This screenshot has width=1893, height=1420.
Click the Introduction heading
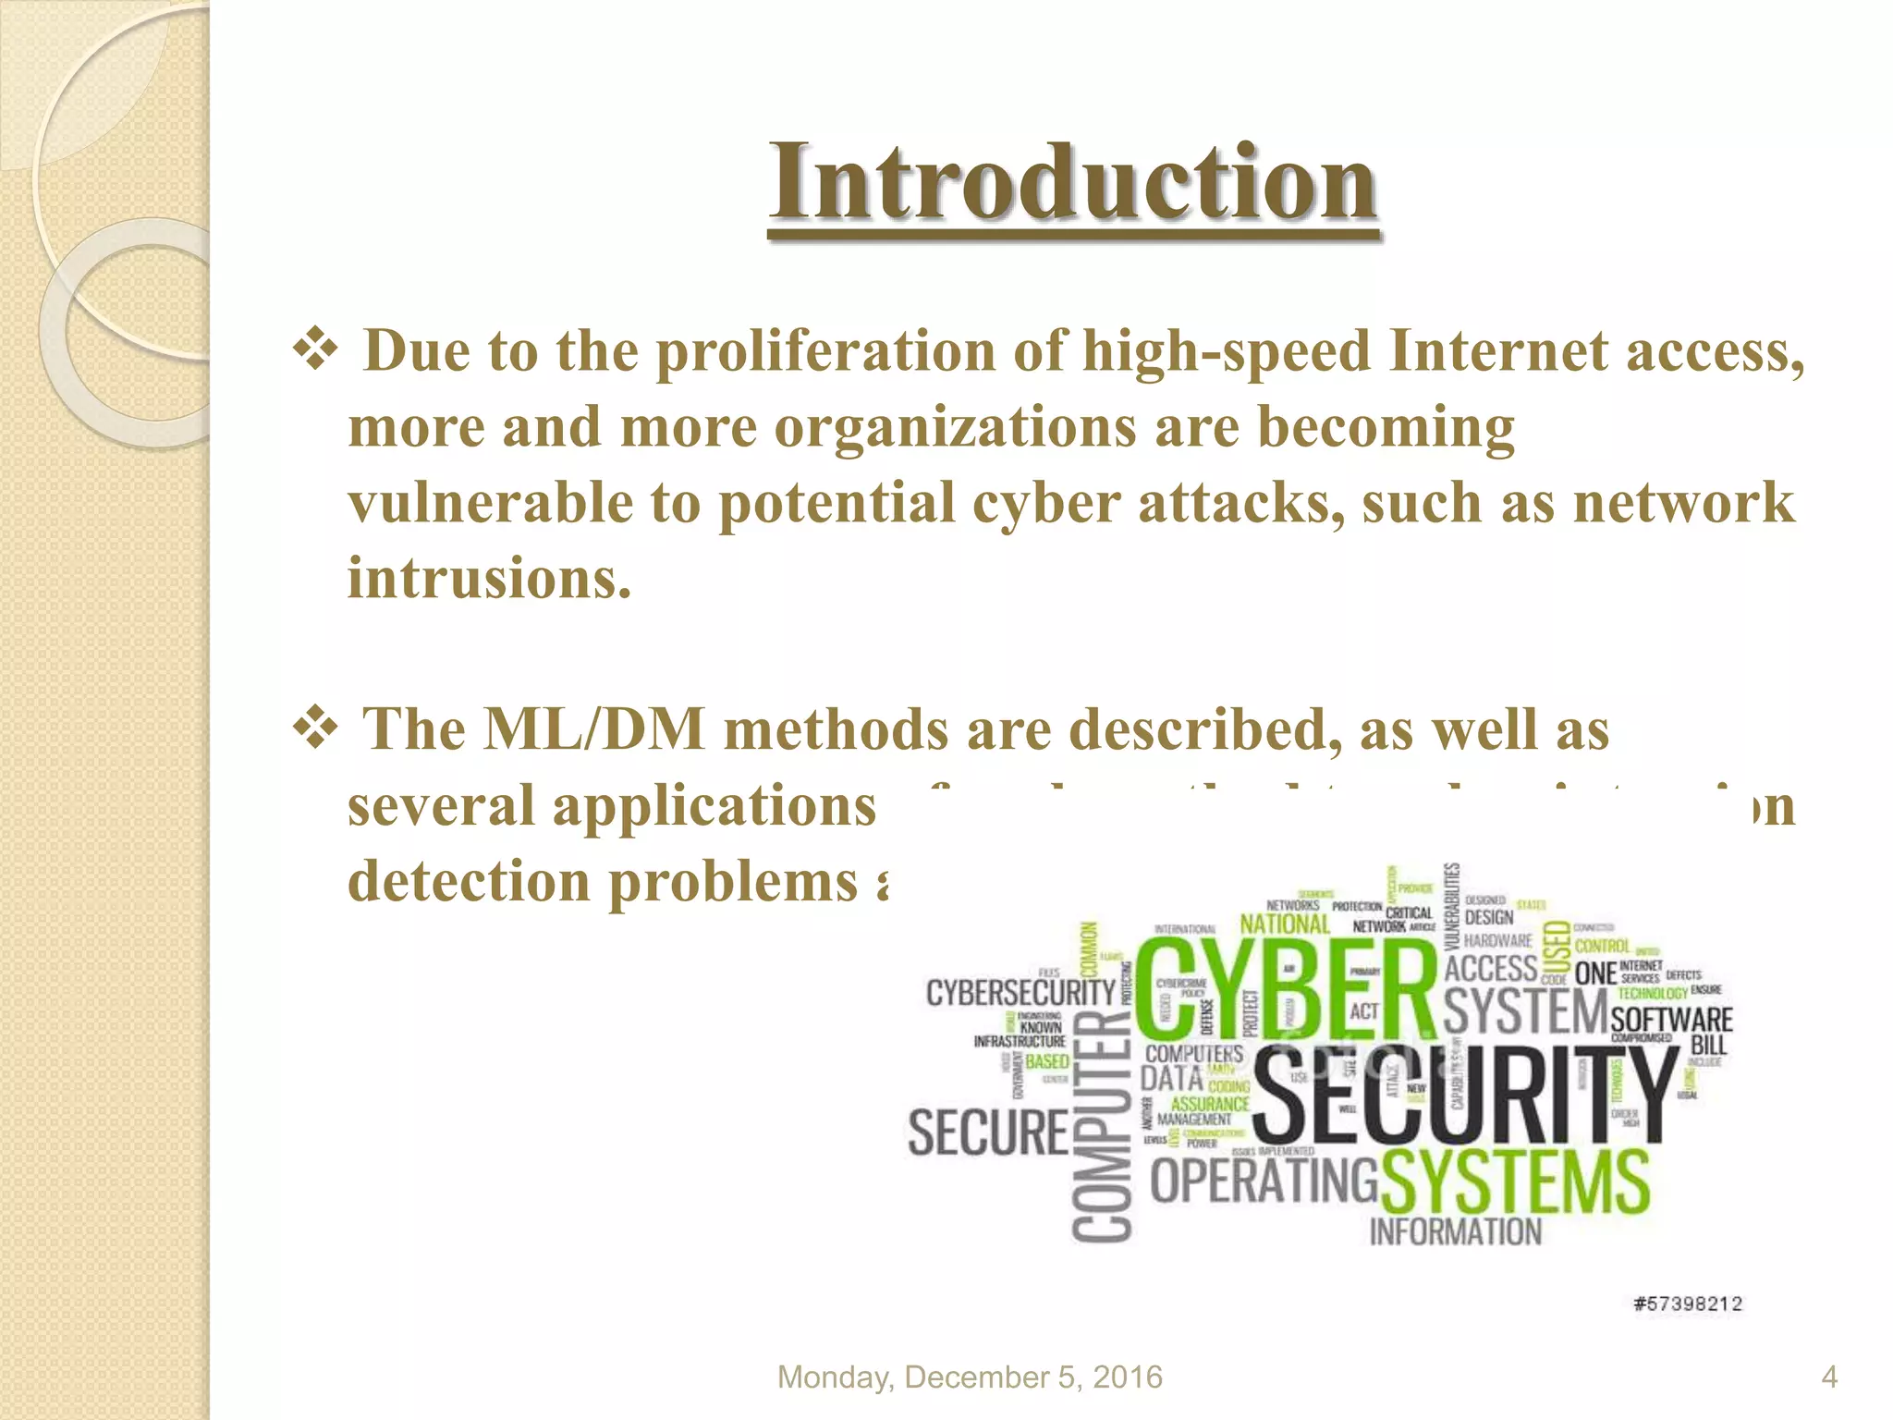pos(1073,182)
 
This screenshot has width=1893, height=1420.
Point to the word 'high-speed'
pos(1226,352)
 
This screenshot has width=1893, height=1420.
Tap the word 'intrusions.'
pos(490,580)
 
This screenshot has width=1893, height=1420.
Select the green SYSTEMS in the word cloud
pos(1516,1183)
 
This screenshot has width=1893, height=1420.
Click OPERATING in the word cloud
pos(1263,1181)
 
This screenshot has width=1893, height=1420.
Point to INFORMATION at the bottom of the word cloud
pos(1455,1232)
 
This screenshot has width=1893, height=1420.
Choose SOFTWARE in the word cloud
pos(1671,1020)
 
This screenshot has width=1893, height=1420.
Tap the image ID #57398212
pos(1688,1304)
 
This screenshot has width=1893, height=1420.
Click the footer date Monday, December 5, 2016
pos(970,1377)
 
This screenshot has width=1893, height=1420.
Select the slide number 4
pos(1829,1377)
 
